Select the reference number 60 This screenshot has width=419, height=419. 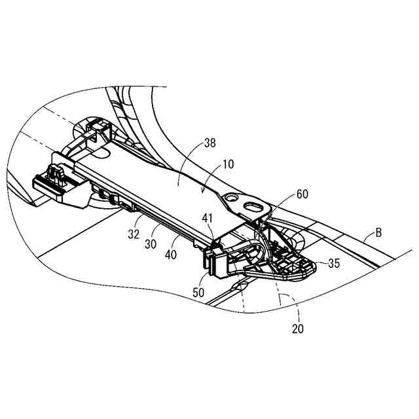point(302,194)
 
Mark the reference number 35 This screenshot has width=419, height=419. point(335,264)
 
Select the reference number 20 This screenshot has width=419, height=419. point(297,329)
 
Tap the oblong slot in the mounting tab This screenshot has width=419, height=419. point(253,207)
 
